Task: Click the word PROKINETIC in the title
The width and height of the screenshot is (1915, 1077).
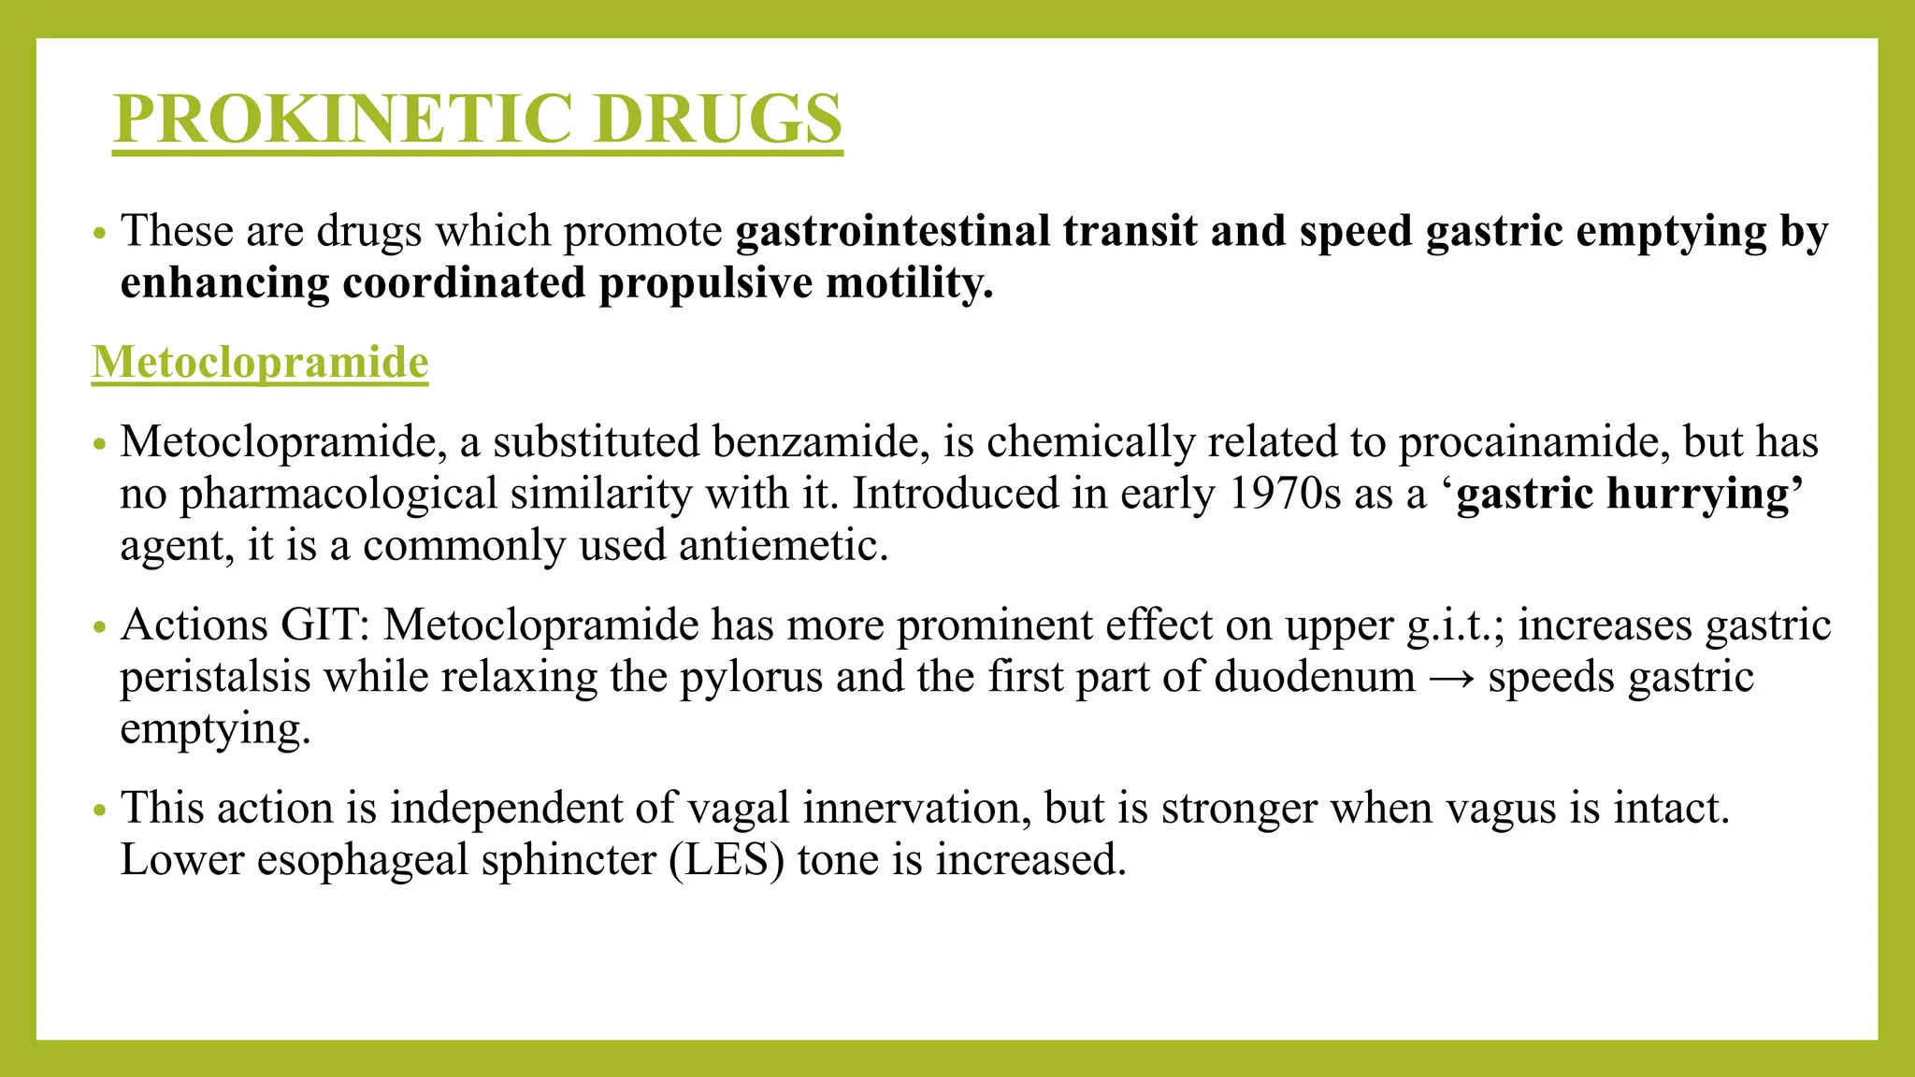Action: click(342, 119)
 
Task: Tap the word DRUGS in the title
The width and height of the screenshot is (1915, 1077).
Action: click(717, 119)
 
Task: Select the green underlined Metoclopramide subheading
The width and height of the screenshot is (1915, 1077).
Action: click(260, 362)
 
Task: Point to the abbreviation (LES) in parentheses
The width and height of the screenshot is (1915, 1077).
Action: click(727, 859)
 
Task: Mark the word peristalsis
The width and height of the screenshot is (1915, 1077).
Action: click(215, 677)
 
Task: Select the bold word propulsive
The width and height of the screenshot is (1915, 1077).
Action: click(705, 283)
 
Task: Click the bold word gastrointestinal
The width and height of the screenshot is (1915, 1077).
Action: click(893, 231)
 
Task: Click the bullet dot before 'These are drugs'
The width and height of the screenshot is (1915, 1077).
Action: click(100, 233)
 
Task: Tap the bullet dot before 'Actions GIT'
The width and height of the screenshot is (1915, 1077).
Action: click(100, 627)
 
